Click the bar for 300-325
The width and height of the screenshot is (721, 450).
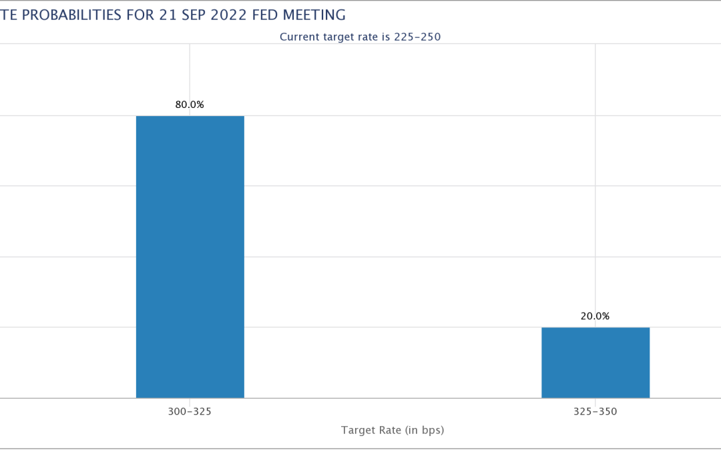pos(190,257)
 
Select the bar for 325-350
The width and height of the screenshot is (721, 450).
pos(595,363)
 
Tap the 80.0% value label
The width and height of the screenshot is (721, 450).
pos(190,105)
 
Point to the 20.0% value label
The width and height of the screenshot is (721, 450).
pos(595,316)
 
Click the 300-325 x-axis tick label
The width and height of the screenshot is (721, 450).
pos(190,411)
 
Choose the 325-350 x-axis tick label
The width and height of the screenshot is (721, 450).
pos(595,411)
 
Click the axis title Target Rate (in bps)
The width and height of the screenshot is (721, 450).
pos(393,430)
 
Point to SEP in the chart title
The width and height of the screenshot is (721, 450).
pos(193,15)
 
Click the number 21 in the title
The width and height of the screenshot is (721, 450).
pos(168,15)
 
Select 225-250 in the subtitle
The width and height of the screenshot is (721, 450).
pos(417,37)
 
